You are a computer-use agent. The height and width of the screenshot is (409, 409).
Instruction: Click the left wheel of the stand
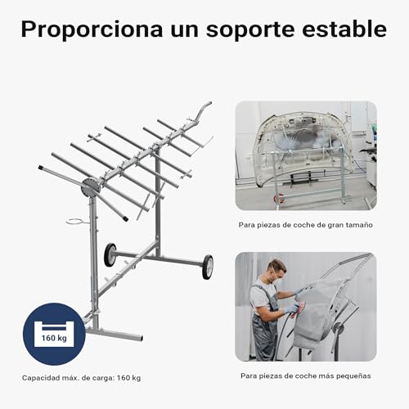[x=110, y=254]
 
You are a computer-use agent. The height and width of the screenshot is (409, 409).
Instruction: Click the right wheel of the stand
[x=207, y=267]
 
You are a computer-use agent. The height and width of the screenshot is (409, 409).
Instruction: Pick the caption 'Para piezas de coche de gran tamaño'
[x=300, y=223]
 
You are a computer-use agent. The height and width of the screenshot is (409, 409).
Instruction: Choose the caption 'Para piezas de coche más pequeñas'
[x=305, y=376]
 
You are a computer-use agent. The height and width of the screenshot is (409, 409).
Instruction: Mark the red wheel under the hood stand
[x=280, y=199]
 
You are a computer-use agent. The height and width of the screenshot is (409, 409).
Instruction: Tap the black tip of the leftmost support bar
[x=41, y=169]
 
